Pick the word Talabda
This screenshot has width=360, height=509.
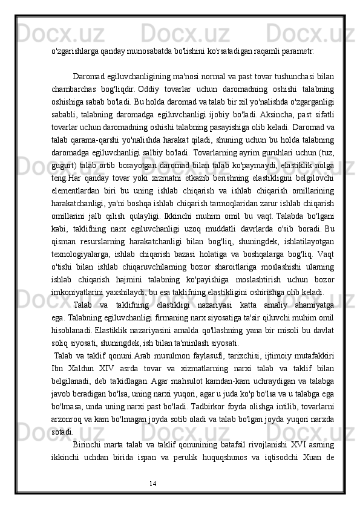point(275,229)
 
